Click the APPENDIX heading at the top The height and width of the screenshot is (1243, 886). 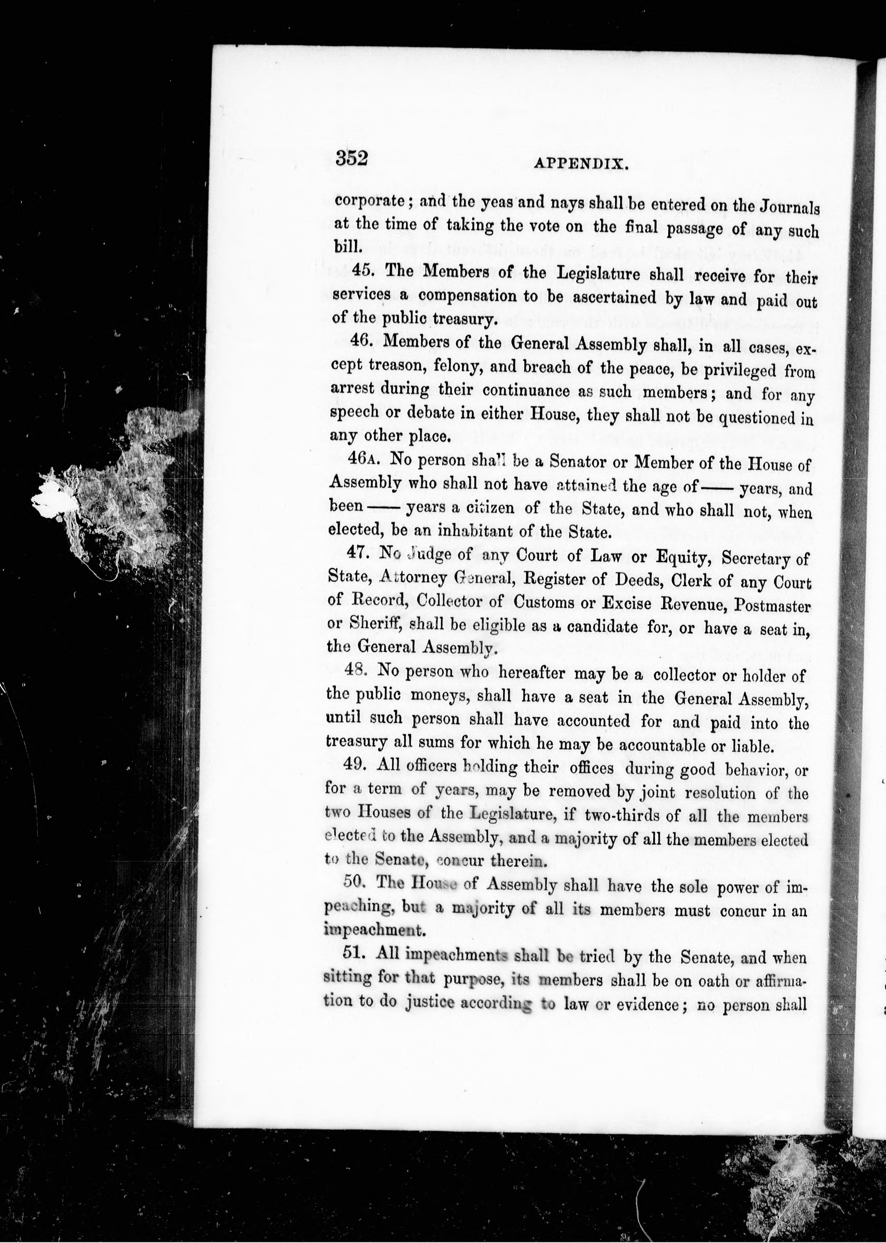(581, 164)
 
